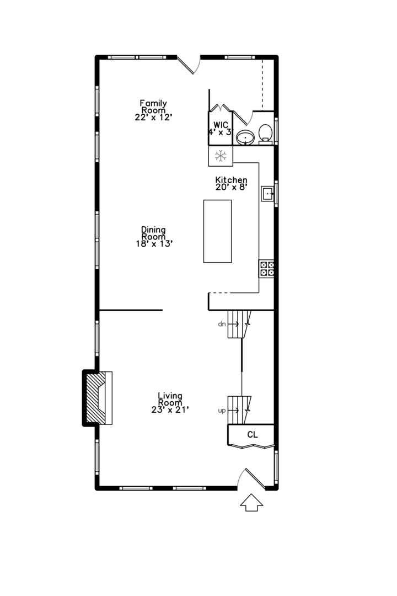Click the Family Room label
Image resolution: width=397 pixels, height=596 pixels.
(153, 106)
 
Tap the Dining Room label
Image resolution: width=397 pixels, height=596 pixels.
(153, 233)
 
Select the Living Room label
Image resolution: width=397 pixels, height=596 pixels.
(170, 399)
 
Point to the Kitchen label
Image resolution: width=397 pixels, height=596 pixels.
(231, 180)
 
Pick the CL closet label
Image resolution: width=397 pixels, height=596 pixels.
(252, 435)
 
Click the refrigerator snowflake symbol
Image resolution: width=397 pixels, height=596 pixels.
(221, 156)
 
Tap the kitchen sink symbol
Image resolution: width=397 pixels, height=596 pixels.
(268, 193)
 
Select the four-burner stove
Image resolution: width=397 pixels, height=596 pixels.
(267, 269)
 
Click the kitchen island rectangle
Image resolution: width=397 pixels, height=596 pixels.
(217, 231)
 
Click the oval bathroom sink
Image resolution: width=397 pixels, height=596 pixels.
(244, 137)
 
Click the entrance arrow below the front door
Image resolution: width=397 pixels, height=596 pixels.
(252, 503)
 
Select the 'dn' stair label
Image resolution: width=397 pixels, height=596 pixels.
(222, 324)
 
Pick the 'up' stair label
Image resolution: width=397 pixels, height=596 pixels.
(222, 411)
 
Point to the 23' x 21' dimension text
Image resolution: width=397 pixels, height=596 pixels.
(170, 409)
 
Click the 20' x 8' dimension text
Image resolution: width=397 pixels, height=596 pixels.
(231, 188)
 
